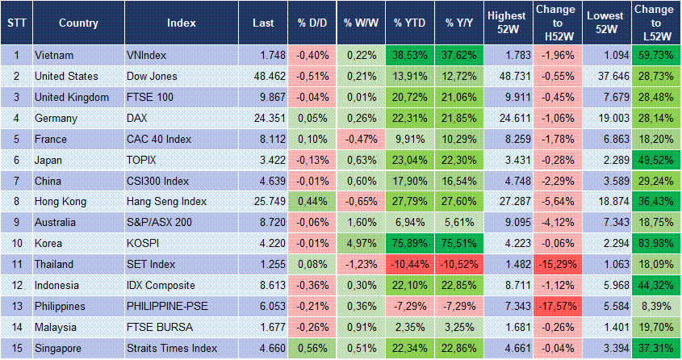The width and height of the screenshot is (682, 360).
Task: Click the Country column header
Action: [x=79, y=23]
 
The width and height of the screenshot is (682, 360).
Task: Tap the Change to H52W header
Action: [x=555, y=23]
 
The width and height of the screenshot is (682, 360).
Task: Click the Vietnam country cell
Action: [x=55, y=55]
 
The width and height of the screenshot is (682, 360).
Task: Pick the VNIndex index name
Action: [x=147, y=55]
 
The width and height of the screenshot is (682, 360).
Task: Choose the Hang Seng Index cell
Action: [x=167, y=202]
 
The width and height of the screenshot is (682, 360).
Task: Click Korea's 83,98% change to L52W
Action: [x=655, y=244]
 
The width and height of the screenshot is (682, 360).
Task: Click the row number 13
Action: [x=16, y=307]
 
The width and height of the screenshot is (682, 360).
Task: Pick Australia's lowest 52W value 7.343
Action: [x=605, y=223]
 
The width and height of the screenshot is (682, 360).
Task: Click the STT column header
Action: [x=16, y=23]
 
